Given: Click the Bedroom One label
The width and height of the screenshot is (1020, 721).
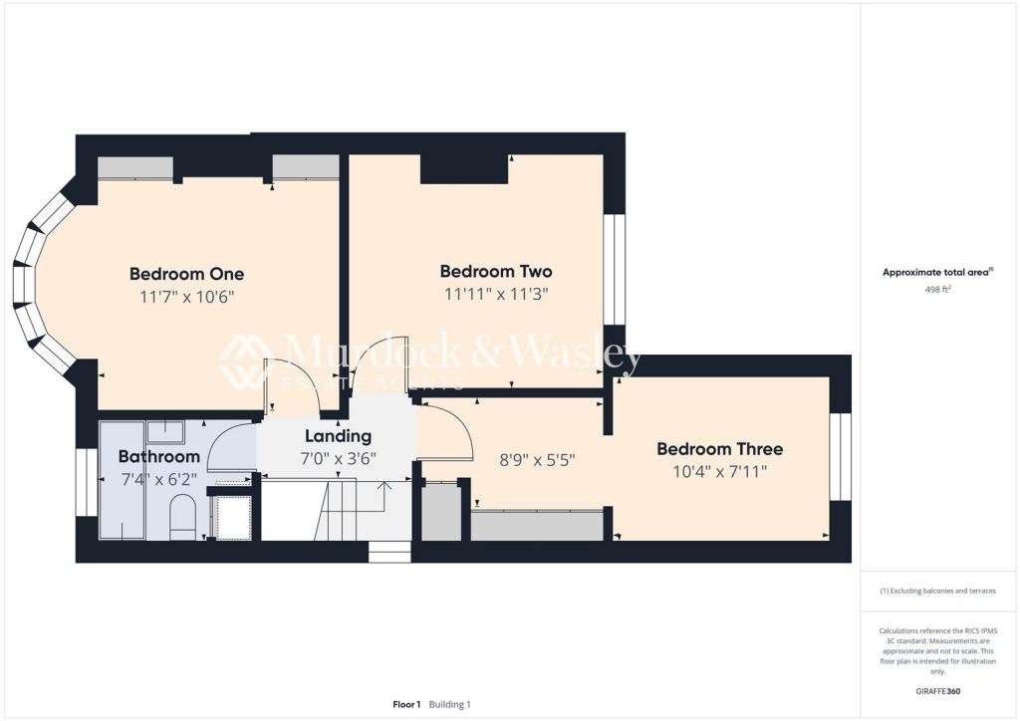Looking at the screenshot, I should (186, 274).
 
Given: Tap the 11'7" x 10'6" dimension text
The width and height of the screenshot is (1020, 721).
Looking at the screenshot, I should (186, 296).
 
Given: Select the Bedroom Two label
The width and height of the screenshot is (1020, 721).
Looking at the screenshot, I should (495, 271).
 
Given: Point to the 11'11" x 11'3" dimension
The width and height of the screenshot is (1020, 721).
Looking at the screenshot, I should (495, 294).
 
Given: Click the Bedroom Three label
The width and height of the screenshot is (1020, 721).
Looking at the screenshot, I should (719, 449).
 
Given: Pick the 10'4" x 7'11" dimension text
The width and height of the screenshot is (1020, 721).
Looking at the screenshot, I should (719, 471).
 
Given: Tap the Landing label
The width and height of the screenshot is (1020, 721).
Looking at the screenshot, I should (338, 436).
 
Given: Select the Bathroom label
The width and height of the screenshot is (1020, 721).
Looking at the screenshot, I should (159, 457).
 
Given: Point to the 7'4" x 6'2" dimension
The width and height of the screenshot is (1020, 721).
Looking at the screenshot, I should (159, 479).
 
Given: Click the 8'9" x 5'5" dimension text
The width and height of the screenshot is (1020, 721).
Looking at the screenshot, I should (537, 460).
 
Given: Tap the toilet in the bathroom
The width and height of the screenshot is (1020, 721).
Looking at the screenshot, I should (182, 520).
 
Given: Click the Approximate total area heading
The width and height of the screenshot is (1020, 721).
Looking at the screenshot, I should (937, 272).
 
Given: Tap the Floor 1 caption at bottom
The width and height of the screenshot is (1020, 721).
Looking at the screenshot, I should (406, 704).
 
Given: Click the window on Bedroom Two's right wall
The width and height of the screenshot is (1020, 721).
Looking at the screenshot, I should (615, 269).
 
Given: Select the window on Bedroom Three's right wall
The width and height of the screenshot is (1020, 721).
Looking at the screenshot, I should (841, 457).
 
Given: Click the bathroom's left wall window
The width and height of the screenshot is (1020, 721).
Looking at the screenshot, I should (87, 483).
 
